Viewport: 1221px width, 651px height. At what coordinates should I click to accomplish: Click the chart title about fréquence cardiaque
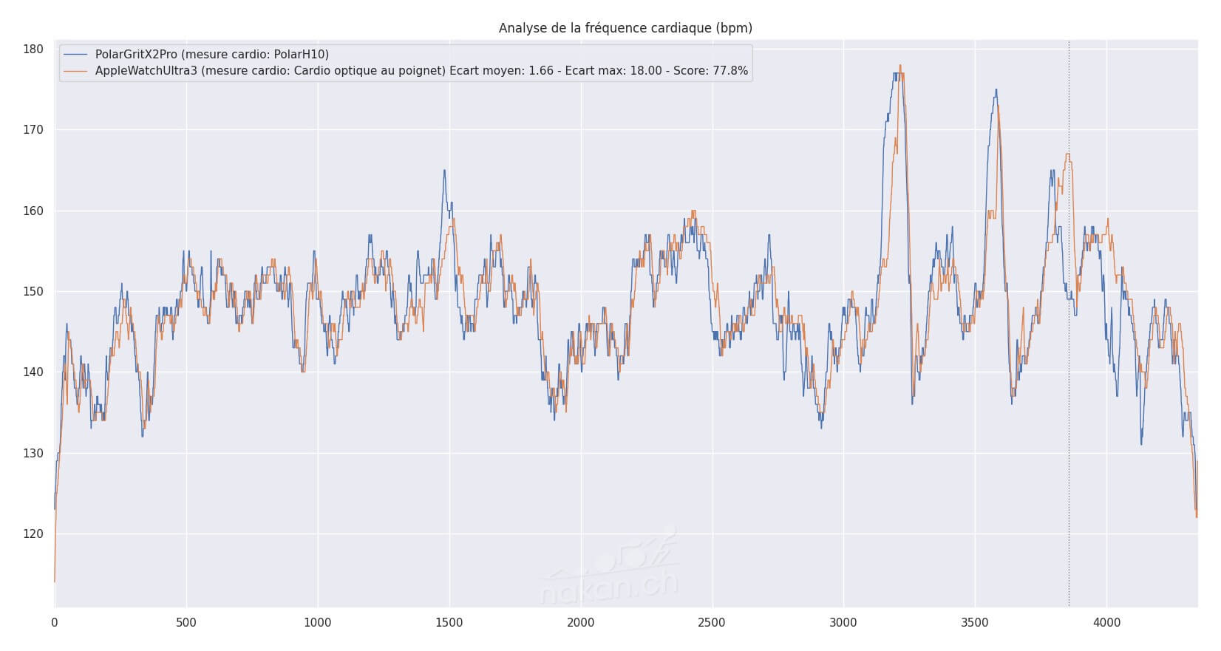[x=625, y=28]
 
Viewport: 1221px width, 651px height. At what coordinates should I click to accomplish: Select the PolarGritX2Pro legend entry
[x=211, y=54]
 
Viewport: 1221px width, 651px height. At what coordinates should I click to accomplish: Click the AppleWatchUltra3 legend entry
[x=421, y=71]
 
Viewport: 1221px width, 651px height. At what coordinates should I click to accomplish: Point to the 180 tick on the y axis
[x=34, y=50]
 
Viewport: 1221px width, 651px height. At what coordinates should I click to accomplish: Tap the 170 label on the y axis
[x=34, y=130]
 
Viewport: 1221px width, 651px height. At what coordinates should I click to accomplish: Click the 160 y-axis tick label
[x=34, y=211]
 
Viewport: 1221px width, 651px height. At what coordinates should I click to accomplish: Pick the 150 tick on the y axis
[x=34, y=291]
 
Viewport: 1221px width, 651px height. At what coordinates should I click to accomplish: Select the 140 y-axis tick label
[x=34, y=372]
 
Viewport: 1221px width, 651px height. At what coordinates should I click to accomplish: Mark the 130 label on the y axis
[x=34, y=453]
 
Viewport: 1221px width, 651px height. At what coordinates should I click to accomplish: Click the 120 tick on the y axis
[x=34, y=534]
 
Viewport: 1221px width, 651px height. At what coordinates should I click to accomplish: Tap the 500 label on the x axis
[x=186, y=623]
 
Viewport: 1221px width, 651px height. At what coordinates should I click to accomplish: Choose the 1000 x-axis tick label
[x=318, y=623]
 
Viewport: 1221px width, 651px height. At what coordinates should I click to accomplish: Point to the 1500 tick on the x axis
[x=449, y=623]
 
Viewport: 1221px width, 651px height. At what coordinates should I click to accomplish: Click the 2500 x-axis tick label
[x=712, y=623]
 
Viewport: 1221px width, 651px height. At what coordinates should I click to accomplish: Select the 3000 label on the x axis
[x=843, y=623]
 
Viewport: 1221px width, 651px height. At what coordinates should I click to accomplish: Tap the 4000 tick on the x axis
[x=1106, y=623]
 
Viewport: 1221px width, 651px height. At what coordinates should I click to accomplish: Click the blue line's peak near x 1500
[x=444, y=171]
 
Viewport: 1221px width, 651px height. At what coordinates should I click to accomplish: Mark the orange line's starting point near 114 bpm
[x=55, y=582]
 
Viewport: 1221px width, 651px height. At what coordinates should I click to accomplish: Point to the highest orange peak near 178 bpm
[x=900, y=65]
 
